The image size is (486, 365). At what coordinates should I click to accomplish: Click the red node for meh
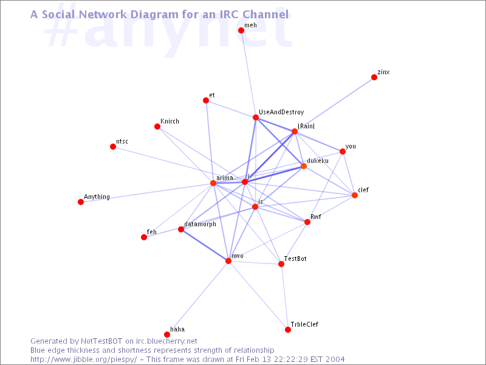pyautogui.click(x=241, y=30)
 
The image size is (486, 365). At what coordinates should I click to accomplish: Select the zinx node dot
pyautogui.click(x=374, y=77)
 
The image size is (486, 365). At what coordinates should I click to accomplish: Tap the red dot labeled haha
pyautogui.click(x=167, y=334)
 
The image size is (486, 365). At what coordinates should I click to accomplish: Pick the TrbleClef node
pyautogui.click(x=288, y=330)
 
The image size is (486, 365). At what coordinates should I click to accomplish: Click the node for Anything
pyautogui.click(x=81, y=202)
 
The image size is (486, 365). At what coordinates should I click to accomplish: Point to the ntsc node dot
pyautogui.click(x=113, y=147)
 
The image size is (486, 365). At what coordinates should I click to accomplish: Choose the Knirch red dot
pyautogui.click(x=157, y=127)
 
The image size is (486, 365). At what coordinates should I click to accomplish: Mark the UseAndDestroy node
pyautogui.click(x=256, y=117)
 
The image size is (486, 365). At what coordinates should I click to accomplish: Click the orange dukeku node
pyautogui.click(x=304, y=166)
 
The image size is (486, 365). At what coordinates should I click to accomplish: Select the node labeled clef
pyautogui.click(x=355, y=195)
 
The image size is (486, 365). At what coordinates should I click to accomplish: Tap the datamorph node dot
pyautogui.click(x=181, y=229)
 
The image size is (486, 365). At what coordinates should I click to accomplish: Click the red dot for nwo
pyautogui.click(x=228, y=261)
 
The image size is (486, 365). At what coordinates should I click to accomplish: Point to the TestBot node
pyautogui.click(x=281, y=264)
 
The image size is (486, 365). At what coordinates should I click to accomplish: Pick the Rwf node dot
pyautogui.click(x=307, y=222)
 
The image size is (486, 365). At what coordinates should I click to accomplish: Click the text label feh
pyautogui.click(x=152, y=232)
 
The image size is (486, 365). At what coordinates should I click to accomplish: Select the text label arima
pyautogui.click(x=225, y=178)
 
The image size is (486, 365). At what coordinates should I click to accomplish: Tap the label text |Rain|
pyautogui.click(x=306, y=126)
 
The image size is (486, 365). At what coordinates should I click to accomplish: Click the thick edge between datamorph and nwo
pyautogui.click(x=205, y=245)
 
